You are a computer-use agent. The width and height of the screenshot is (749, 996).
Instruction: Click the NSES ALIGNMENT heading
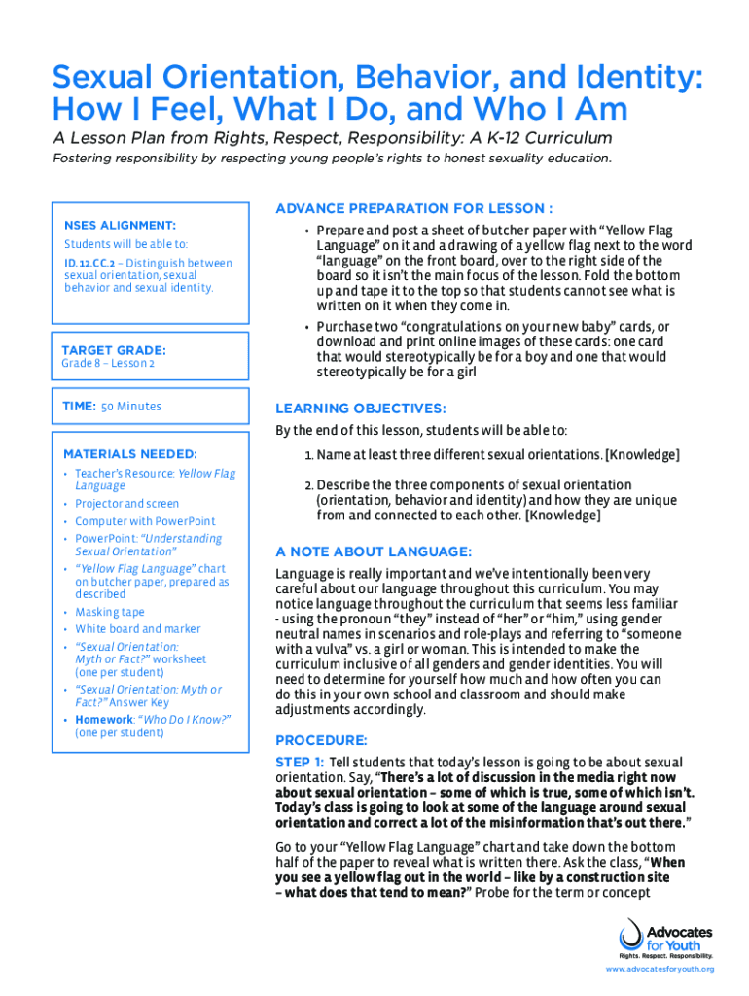(x=120, y=226)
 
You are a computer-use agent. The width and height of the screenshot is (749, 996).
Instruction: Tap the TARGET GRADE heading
(x=113, y=349)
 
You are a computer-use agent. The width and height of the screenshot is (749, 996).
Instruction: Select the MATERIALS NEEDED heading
(x=129, y=453)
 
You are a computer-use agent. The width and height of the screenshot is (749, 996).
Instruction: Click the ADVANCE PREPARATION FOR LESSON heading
(x=414, y=208)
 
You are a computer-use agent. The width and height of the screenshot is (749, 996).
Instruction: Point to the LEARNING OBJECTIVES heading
(x=361, y=409)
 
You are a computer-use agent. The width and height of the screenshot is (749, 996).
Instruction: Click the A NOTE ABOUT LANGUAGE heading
(x=374, y=551)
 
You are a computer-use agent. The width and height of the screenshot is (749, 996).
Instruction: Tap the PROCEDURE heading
(x=321, y=739)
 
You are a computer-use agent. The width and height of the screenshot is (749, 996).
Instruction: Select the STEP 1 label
(x=300, y=763)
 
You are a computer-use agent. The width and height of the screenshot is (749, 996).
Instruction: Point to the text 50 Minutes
(x=131, y=407)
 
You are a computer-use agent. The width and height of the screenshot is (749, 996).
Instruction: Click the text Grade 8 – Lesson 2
(x=107, y=364)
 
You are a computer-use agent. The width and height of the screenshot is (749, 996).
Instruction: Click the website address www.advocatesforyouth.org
(x=660, y=970)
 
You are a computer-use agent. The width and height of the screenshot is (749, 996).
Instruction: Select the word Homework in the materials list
(x=103, y=719)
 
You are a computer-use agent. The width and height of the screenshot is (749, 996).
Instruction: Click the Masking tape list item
(x=110, y=612)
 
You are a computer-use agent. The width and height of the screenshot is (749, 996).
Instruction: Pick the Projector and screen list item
(x=126, y=504)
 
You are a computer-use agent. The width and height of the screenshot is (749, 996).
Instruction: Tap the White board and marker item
(x=138, y=629)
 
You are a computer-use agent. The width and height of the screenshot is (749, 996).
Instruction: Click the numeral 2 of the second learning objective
(x=308, y=484)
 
